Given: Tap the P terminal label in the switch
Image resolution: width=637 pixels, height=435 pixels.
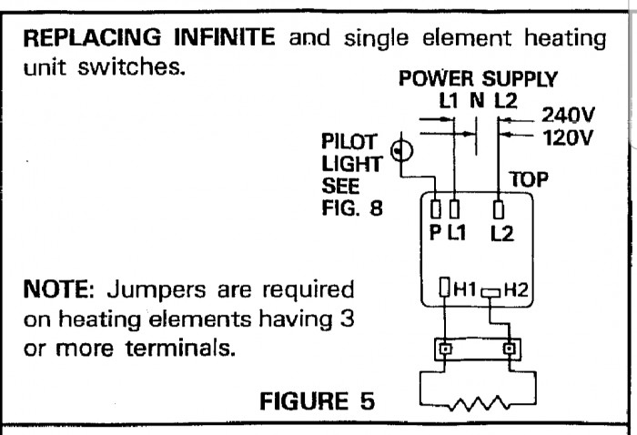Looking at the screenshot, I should coord(434,233).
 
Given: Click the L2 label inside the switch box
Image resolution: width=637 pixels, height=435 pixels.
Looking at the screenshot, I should coord(500,233).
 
